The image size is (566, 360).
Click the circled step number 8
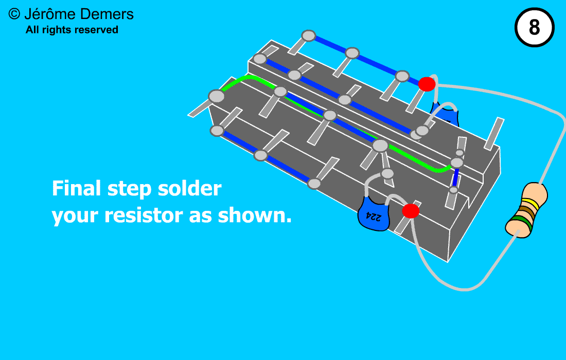(x=534, y=27)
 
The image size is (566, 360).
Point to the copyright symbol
(x=14, y=14)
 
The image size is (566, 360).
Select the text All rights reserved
(x=72, y=30)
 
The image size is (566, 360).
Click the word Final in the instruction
(x=76, y=188)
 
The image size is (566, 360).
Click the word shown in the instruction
(x=255, y=215)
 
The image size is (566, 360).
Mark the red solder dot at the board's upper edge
(x=427, y=84)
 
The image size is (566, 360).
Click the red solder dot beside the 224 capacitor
(x=411, y=211)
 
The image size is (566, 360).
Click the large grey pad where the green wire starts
(x=217, y=96)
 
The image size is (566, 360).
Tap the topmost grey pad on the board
(x=309, y=35)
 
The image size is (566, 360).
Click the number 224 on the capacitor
(x=373, y=217)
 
